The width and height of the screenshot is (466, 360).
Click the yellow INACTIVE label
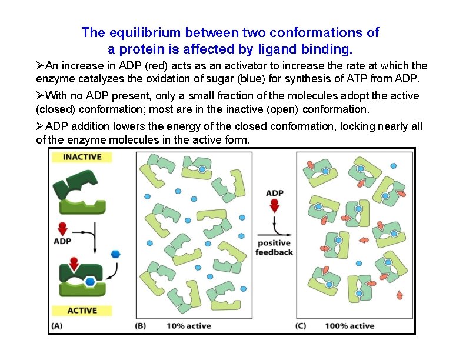[82, 157]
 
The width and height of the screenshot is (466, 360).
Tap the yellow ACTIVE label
[82, 311]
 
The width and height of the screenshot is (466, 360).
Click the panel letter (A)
[58, 325]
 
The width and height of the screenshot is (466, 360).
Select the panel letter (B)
[141, 325]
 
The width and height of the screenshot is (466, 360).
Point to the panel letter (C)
[300, 325]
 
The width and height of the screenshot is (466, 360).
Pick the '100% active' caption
[349, 325]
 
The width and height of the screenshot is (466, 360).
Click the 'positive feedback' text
[274, 248]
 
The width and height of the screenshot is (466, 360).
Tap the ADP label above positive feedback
[274, 193]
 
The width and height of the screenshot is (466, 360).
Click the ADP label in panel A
[63, 241]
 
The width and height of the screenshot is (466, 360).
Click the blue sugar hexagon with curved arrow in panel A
[116, 254]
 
